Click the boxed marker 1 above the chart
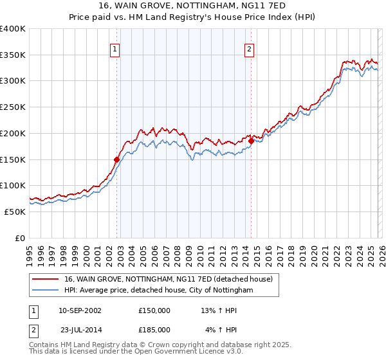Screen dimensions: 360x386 pos(115,48)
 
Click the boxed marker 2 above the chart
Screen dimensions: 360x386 pos(249,48)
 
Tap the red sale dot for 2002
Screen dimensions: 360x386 pos(116,159)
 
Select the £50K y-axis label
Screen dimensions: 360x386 pos(15,212)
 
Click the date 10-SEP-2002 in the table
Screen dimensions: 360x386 pos(80,310)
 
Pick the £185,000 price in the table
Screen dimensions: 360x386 pos(154,329)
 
